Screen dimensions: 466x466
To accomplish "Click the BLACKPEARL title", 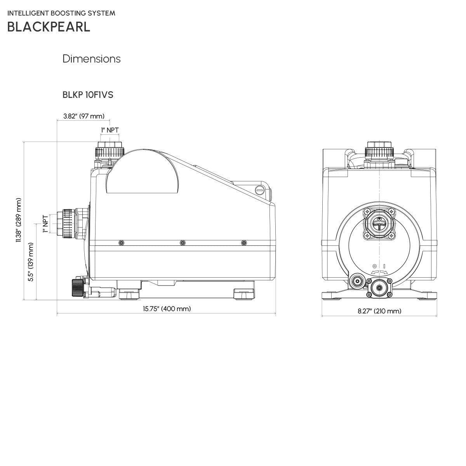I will point(49,26).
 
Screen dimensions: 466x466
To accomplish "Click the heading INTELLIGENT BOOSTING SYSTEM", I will point(61,13).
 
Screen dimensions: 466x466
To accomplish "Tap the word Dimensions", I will point(91,59).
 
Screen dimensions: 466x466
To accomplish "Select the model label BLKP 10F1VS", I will point(88,95).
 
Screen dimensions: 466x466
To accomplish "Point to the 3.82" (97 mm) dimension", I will point(84,116).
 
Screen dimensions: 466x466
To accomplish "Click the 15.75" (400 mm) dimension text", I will point(167,309).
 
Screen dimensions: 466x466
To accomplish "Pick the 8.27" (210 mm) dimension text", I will point(379,311).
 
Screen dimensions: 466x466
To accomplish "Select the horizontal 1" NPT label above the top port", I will point(110,130).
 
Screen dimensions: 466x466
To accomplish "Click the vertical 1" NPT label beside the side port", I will point(45,224).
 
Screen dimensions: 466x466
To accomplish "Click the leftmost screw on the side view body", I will point(122,243).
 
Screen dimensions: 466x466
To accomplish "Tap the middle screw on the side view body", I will point(182,243).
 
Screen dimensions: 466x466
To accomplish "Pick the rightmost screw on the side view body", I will point(243,243).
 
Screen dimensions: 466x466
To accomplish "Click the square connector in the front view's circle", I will point(379,223).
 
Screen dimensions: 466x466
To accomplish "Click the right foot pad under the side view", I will point(244,294).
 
